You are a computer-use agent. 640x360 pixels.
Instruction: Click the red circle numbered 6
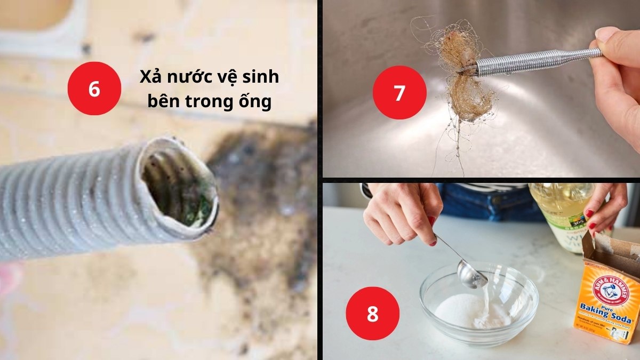[x=94, y=89]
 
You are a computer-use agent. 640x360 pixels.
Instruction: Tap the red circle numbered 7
[x=399, y=92]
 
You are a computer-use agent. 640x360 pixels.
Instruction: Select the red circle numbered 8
[x=372, y=313]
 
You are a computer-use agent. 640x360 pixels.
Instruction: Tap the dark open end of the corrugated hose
[x=179, y=184]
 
